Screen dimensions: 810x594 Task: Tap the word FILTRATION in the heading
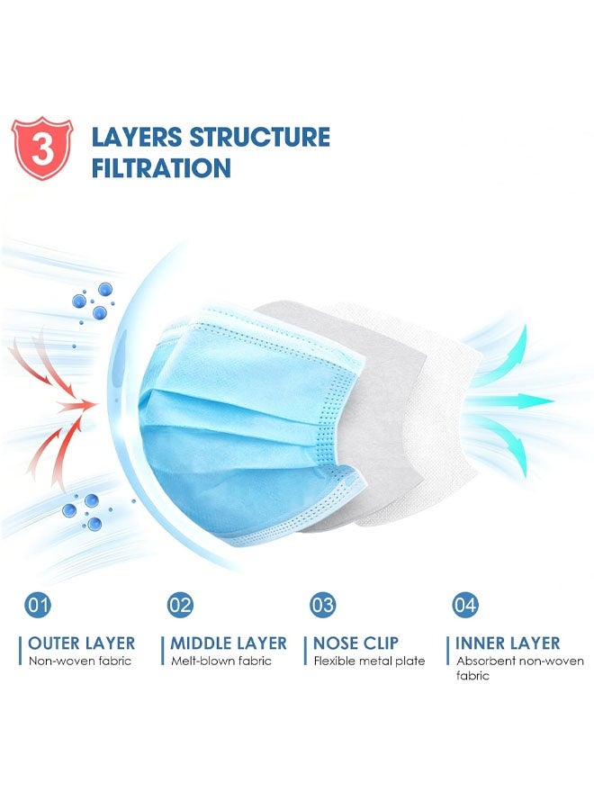pos(161,168)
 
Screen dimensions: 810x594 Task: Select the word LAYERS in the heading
pos(136,138)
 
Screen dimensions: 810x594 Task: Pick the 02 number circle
pos(181,605)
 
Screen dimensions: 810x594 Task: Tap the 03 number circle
pos(323,605)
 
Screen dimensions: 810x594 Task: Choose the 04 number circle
pos(465,605)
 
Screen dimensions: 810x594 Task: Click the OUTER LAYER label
pos(81,643)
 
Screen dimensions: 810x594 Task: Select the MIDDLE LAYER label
pos(229,643)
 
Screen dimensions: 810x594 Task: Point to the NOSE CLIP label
pos(355,643)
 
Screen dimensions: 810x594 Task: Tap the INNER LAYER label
pos(508,643)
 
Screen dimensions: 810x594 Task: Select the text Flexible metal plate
pos(369,661)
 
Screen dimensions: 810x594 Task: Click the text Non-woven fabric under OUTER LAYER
pos(79,661)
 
